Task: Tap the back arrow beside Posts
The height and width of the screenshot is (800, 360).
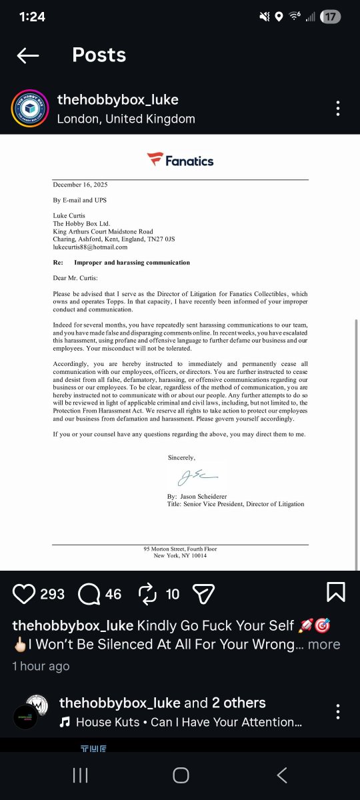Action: (x=28, y=55)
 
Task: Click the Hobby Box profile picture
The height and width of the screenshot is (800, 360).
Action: (x=29, y=109)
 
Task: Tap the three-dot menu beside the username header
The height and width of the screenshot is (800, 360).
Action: (x=338, y=109)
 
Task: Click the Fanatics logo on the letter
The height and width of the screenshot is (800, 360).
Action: (x=180, y=160)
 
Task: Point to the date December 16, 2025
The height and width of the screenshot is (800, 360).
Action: (x=80, y=185)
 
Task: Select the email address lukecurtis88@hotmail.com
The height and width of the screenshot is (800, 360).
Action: (x=90, y=247)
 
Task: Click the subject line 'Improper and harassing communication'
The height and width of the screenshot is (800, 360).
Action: (x=132, y=263)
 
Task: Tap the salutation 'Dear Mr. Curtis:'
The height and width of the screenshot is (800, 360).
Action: (x=75, y=278)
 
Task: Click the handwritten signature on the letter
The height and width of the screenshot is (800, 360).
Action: (x=197, y=476)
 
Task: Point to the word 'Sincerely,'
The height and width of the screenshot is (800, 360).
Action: (x=181, y=457)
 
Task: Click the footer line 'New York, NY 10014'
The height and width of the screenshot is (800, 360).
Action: (x=180, y=555)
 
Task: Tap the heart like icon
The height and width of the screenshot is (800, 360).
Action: (x=24, y=593)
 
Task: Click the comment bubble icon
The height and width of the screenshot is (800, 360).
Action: (x=89, y=593)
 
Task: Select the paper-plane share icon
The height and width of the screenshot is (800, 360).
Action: (x=203, y=593)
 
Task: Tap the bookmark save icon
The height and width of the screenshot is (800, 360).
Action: (x=335, y=593)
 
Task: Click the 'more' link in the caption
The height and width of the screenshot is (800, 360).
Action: (x=324, y=645)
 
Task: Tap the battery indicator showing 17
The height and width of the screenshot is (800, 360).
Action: (x=330, y=17)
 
